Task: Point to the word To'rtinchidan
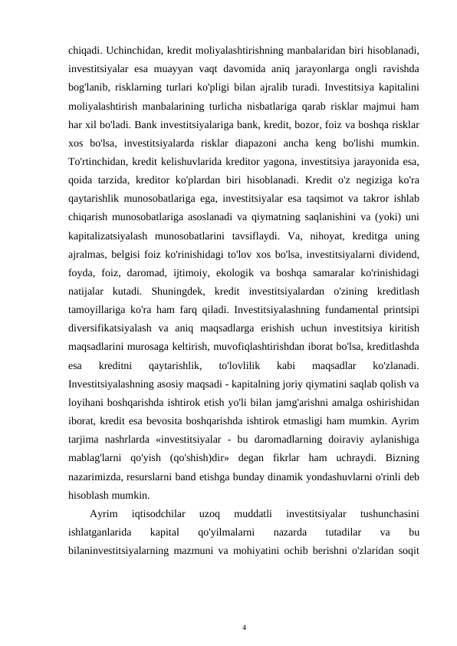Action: coord(99,161)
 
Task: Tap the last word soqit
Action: coord(407,551)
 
